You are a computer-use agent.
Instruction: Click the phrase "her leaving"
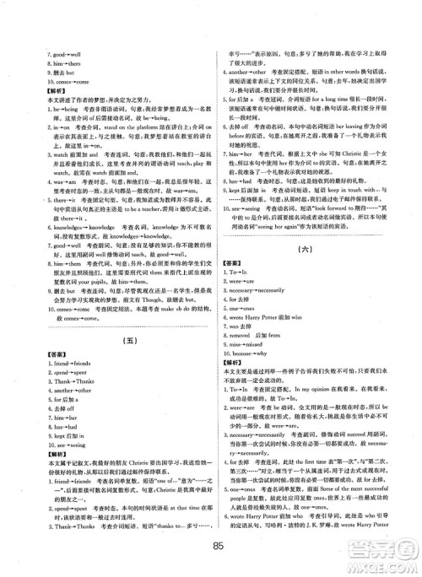coord(348,125)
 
